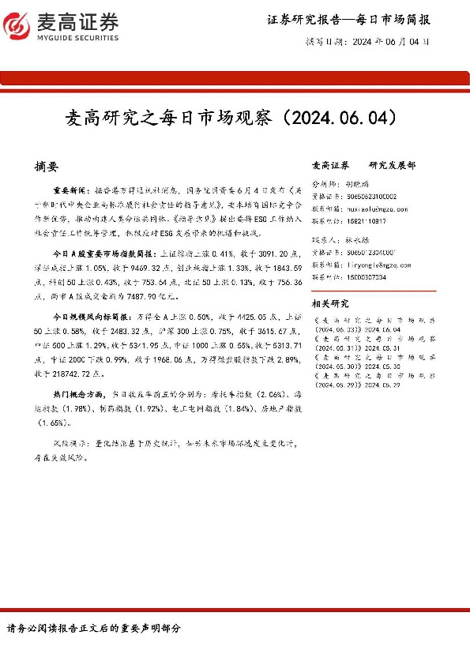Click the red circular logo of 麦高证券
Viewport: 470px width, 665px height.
coord(14,24)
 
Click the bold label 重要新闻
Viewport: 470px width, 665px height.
coord(72,190)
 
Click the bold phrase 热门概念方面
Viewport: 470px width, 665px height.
coord(78,393)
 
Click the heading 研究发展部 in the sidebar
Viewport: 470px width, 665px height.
coord(391,166)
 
